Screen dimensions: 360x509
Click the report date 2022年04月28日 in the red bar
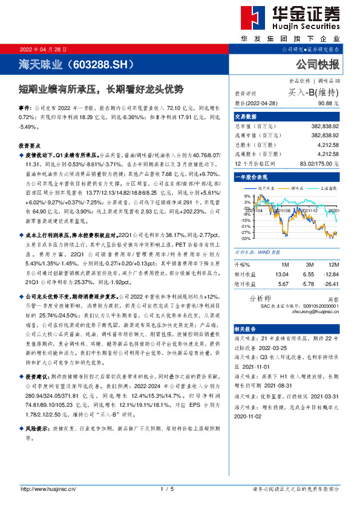pyautogui.click(x=44, y=48)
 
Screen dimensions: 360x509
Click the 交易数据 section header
pyautogui.click(x=246, y=116)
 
